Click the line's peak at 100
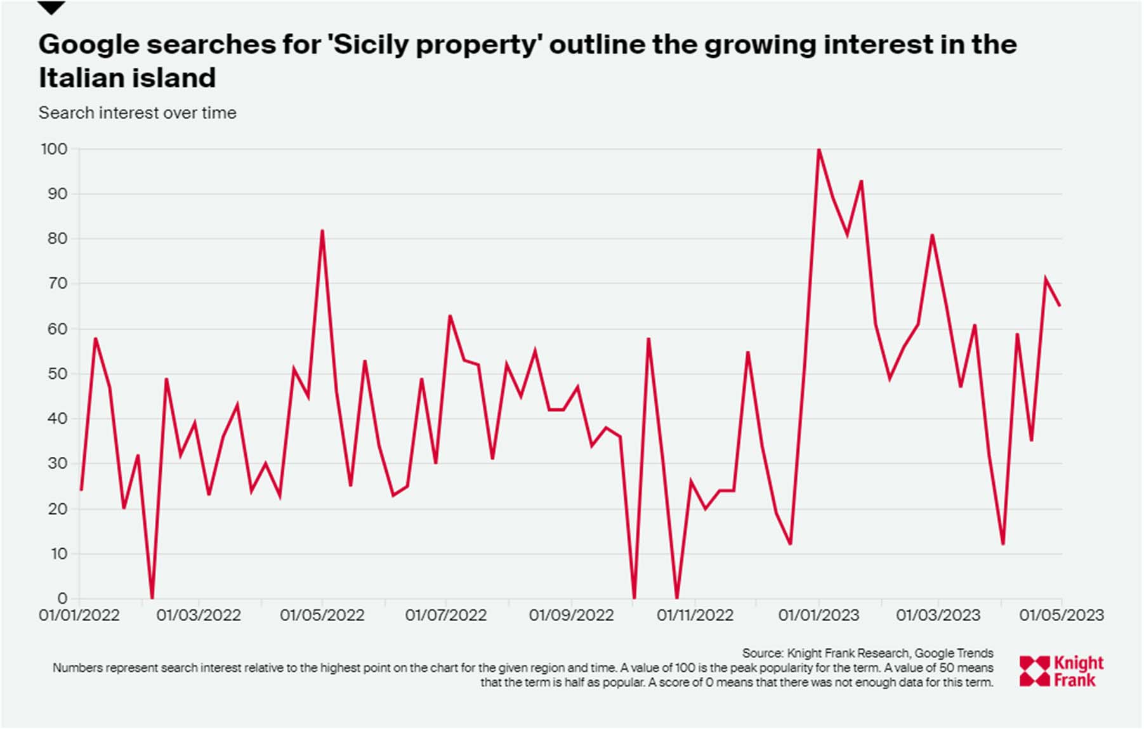point(819,150)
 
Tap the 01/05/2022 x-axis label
point(322,615)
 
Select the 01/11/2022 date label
point(695,615)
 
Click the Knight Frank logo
point(1062,671)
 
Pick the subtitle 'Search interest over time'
point(137,113)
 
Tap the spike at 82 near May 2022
point(322,230)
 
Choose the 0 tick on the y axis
point(62,598)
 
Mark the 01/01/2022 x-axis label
point(79,615)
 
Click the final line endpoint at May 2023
point(1060,306)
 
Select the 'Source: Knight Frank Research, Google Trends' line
point(867,653)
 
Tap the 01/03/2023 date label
point(938,615)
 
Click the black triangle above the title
point(51,8)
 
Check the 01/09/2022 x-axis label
point(571,615)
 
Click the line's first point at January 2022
point(81,490)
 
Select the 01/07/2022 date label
point(445,615)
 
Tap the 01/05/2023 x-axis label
point(1061,615)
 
